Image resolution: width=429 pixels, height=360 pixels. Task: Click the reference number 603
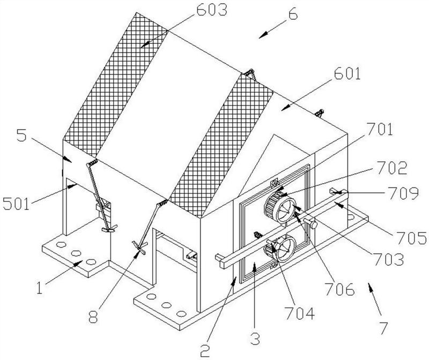point(212,10)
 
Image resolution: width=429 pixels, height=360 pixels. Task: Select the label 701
point(380,129)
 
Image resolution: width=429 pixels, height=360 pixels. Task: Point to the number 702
point(392,168)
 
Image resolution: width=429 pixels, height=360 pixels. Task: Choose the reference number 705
point(412,237)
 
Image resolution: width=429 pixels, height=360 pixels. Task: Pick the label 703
point(389,259)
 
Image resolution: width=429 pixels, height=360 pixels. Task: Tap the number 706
point(339,289)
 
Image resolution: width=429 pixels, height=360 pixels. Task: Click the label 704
point(299,313)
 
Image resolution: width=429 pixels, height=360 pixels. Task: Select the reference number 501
point(16,204)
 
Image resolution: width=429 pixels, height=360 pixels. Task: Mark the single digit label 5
point(21,135)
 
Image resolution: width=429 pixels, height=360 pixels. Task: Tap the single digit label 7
point(383,328)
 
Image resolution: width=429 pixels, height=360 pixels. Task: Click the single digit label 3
point(255,338)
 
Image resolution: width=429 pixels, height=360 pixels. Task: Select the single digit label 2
point(205,350)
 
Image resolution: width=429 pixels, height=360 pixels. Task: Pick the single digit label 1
point(39,288)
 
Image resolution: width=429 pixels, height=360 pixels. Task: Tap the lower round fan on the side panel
point(280,248)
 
